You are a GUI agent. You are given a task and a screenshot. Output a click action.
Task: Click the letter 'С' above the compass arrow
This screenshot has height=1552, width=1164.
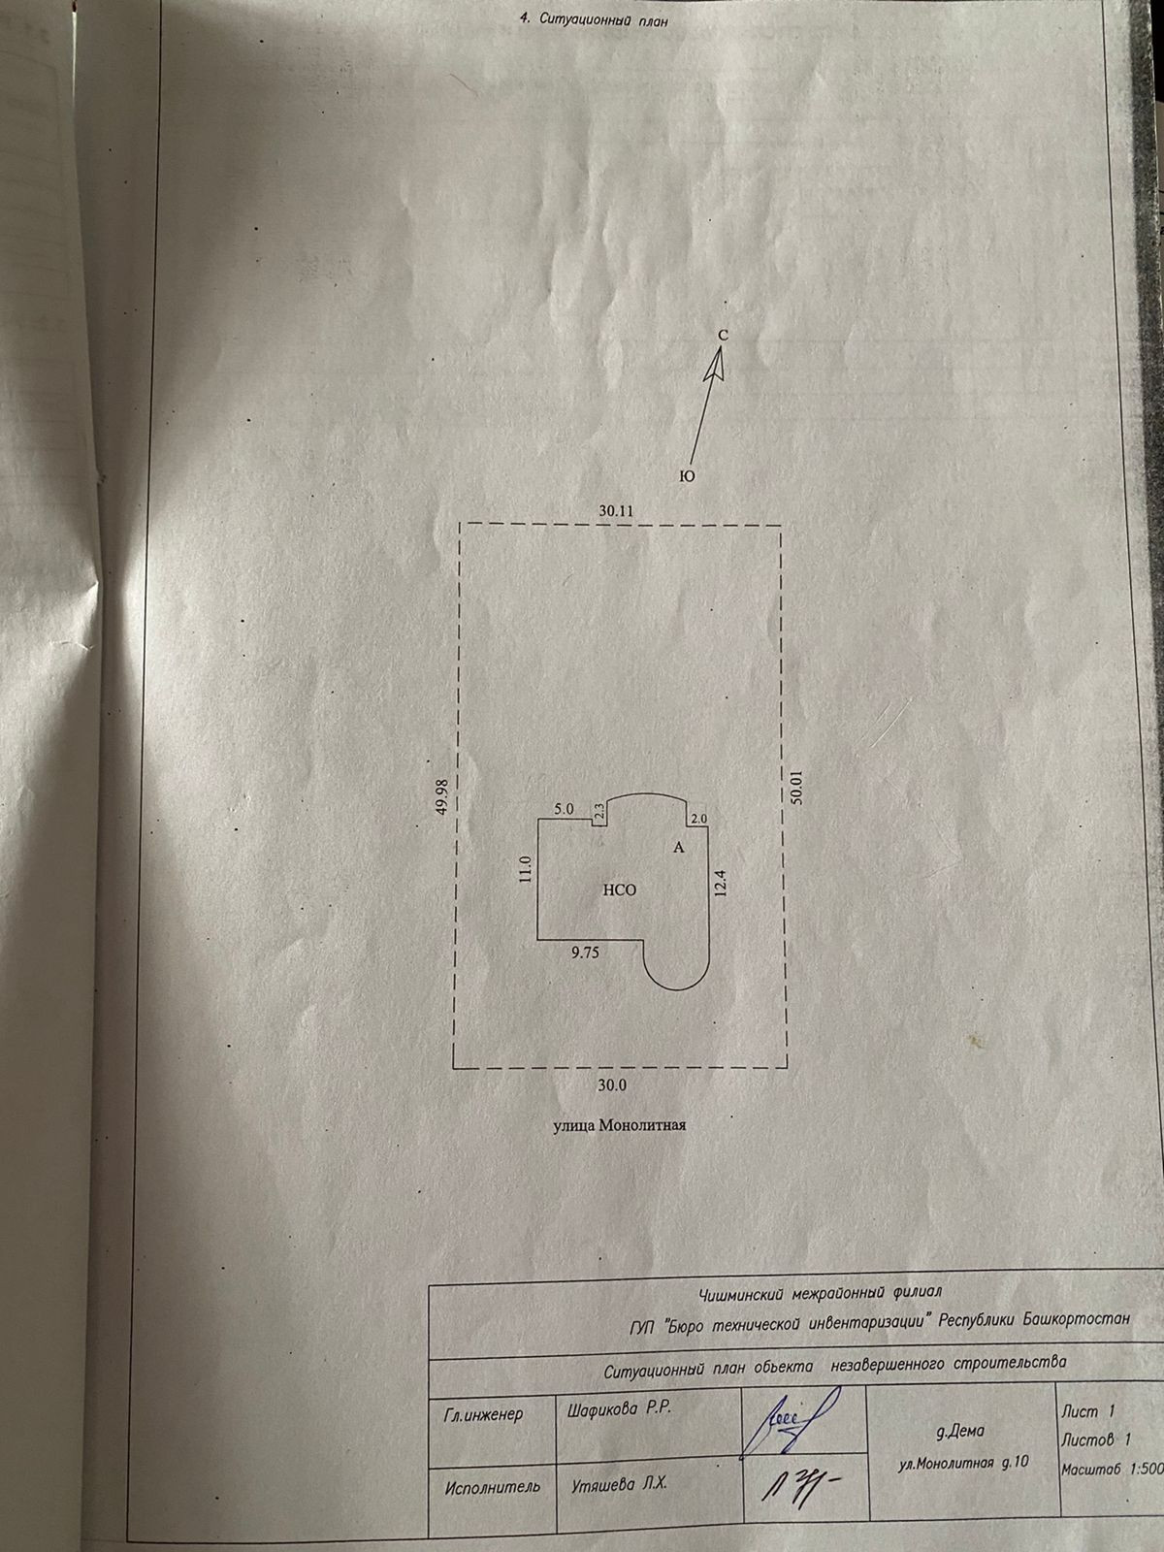click(x=723, y=334)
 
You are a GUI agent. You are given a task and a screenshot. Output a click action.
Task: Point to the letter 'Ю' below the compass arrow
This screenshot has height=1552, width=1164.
click(x=686, y=476)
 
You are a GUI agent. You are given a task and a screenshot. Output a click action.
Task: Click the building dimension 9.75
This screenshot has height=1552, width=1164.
click(x=586, y=953)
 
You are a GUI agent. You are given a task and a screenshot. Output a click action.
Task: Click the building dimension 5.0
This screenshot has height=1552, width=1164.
click(x=564, y=808)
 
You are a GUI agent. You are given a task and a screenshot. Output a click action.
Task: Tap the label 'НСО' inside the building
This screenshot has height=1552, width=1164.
click(x=620, y=889)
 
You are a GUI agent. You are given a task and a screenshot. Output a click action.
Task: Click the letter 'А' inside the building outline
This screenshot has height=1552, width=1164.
click(x=679, y=848)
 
